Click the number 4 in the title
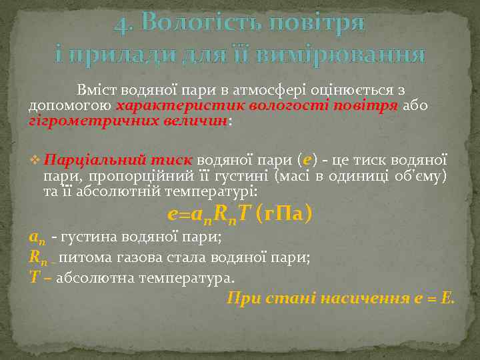click(120, 25)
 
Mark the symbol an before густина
click(37, 237)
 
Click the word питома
click(85, 257)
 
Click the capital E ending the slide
click(447, 297)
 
